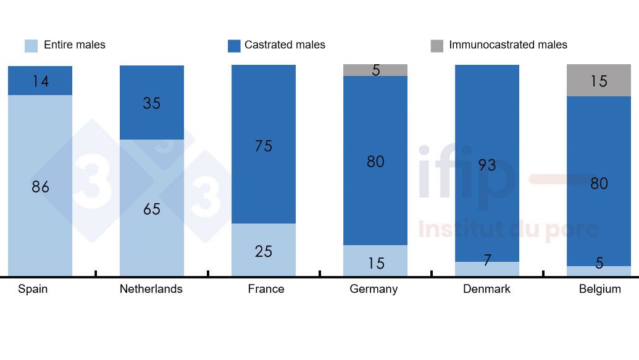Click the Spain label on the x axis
click(x=33, y=289)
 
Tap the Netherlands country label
click(x=151, y=289)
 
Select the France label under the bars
click(x=266, y=289)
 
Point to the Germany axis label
click(x=374, y=289)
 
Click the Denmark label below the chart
click(x=487, y=289)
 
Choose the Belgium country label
click(x=599, y=289)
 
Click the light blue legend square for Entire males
click(x=31, y=46)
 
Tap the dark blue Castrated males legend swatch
click(x=234, y=46)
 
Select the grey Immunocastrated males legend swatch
click(x=437, y=46)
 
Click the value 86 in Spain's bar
click(x=41, y=186)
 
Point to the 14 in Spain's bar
click(x=41, y=81)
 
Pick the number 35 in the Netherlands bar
click(x=152, y=103)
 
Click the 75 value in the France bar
click(x=264, y=146)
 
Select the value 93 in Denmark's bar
click(x=487, y=165)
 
